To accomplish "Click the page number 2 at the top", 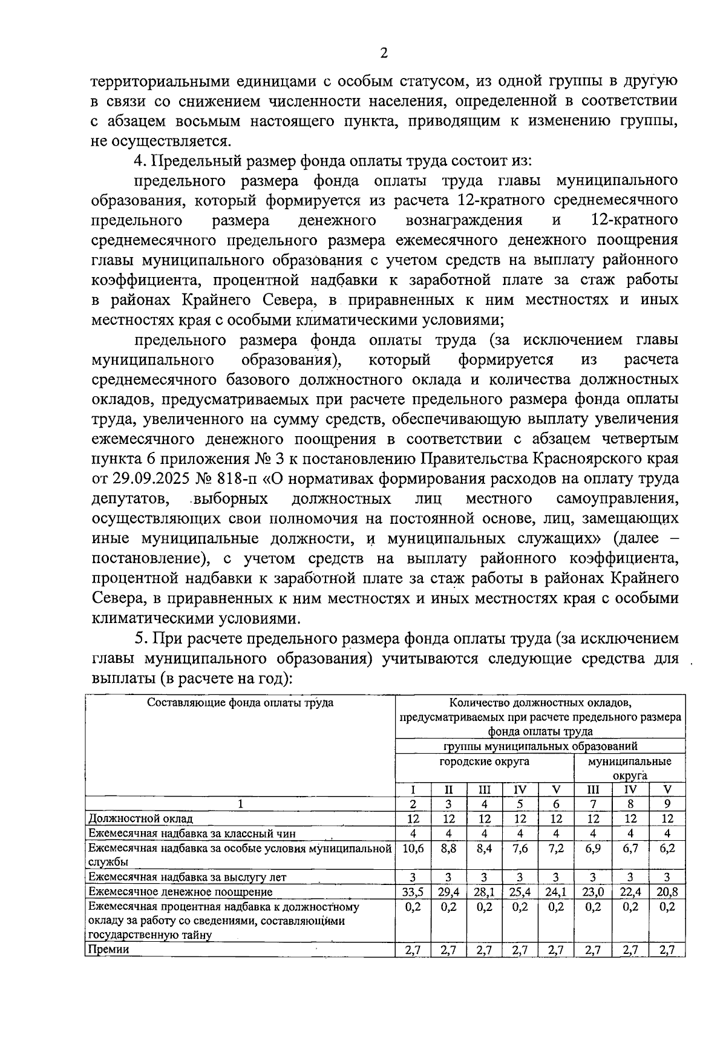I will pos(383,53).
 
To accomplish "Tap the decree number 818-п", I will pos(237,479).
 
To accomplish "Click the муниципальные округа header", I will pos(629,768).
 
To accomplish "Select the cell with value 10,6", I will pos(413,849).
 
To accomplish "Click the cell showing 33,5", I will pos(413,892).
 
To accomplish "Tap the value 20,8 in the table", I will pos(667,892).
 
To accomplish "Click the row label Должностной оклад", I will pos(140,819).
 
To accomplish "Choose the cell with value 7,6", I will pos(520,849).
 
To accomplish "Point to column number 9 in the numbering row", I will pos(667,804).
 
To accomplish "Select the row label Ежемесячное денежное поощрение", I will pos(180,892).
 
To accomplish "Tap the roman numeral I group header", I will pos(413,790).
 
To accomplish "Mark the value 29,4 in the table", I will pos(448,892).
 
